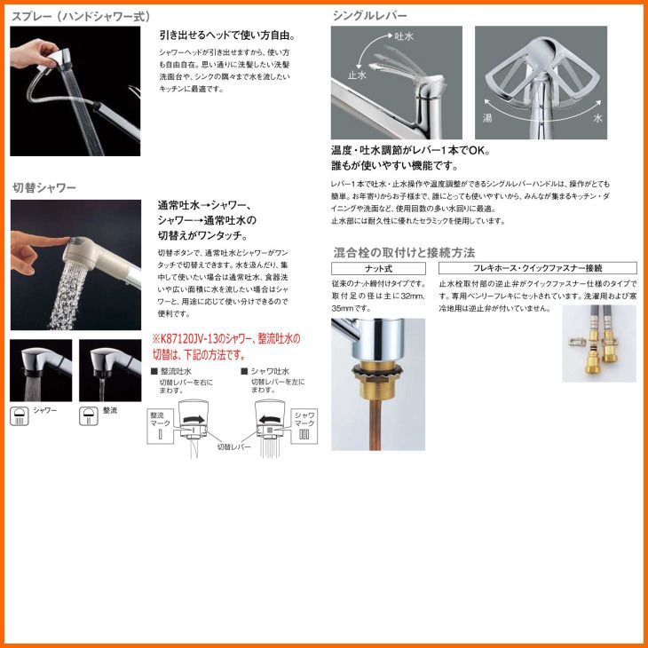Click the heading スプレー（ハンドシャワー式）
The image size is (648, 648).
[x=81, y=16]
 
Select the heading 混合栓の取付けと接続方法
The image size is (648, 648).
[x=403, y=252]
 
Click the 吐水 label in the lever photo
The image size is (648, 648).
[x=403, y=36]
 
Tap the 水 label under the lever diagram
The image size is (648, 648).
[x=597, y=117]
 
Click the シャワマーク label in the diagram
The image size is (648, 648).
[x=304, y=420]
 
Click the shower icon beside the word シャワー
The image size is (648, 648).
[x=19, y=415]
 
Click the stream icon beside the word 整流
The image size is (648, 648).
[x=88, y=415]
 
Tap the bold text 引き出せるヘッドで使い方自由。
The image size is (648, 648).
[x=226, y=36]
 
